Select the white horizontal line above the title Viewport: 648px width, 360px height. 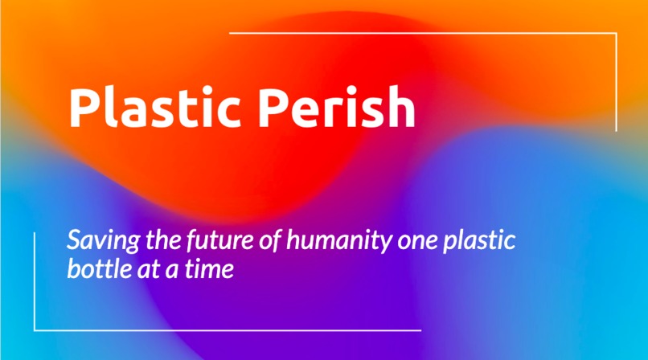click(422, 33)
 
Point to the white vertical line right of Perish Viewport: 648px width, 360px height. click(617, 80)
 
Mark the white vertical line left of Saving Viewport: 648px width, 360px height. click(35, 281)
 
